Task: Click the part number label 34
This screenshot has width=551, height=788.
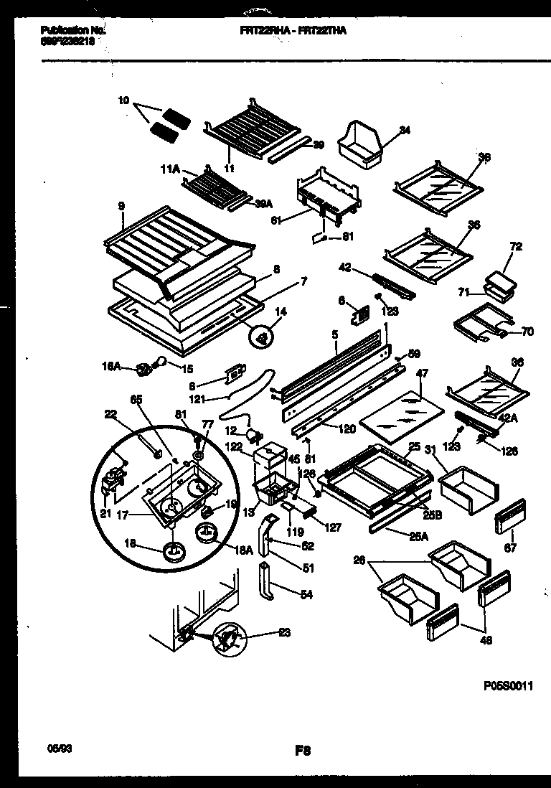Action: click(405, 130)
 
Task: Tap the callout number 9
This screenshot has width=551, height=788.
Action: click(122, 206)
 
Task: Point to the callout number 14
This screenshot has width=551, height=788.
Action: click(280, 312)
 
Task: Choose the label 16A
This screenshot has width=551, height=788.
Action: click(112, 366)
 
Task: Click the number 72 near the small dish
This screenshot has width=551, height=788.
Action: click(517, 246)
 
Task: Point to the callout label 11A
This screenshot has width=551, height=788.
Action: click(169, 171)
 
